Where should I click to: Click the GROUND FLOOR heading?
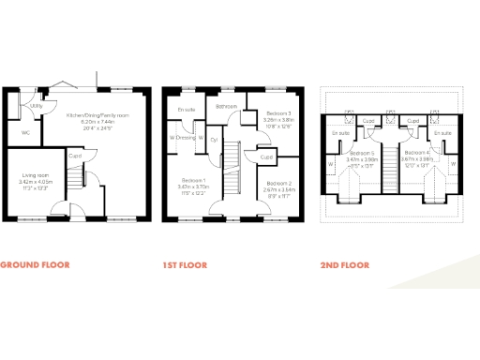coord(35,265)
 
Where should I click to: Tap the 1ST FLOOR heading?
coord(186,265)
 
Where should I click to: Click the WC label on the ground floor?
coord(25,132)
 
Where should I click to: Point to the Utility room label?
coord(37,106)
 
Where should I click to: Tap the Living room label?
coord(37,174)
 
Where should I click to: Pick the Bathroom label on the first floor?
coord(226,107)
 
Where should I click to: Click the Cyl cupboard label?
coord(214,140)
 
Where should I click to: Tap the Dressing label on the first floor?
coord(187,138)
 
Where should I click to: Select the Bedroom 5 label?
coord(362,153)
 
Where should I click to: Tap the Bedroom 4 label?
coord(417,152)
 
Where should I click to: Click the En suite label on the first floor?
coord(187,111)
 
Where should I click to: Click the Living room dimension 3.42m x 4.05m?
coord(37,182)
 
